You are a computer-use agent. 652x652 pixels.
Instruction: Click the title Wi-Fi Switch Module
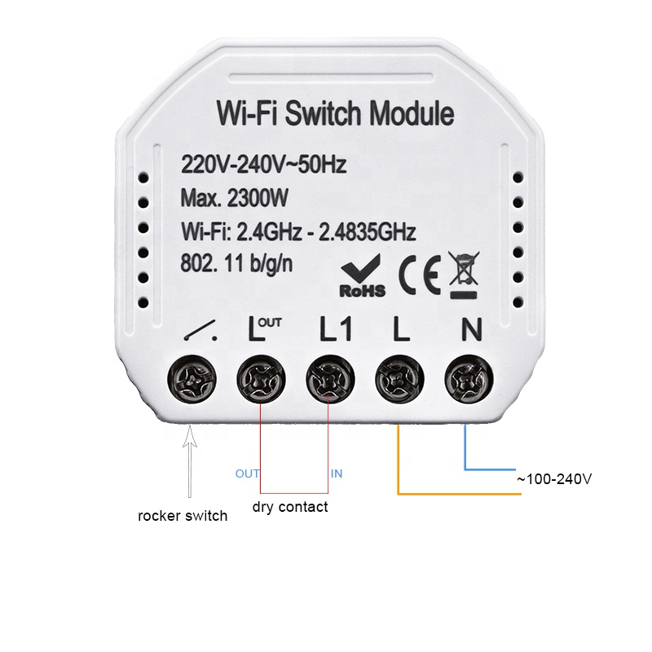coord(334,114)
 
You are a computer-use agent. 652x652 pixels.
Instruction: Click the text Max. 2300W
coord(235,198)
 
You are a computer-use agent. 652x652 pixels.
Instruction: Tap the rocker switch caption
coord(183,516)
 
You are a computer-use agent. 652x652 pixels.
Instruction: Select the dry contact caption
coord(290,507)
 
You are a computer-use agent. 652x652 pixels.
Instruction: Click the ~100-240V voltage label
coord(553,479)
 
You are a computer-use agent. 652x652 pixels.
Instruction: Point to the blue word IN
coord(336,474)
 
